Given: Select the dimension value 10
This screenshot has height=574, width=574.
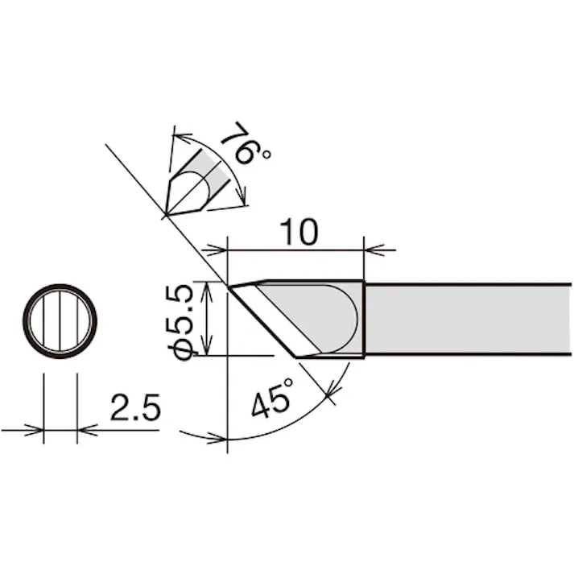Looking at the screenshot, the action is [x=299, y=232].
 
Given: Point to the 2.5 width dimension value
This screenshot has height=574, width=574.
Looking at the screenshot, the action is [x=135, y=407].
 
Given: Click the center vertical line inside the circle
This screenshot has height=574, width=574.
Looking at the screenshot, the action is [x=60, y=321].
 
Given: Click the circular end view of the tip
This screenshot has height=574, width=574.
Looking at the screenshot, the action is [x=60, y=321].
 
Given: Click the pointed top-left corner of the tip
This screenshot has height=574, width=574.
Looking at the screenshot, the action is [x=229, y=287].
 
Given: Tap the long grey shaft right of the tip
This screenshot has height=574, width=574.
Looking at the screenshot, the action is [x=469, y=320].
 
